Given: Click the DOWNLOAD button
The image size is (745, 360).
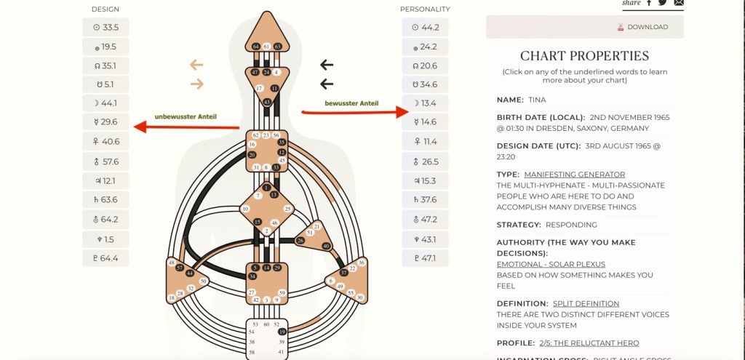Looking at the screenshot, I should (x=642, y=27).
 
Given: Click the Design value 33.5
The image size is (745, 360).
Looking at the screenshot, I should (x=105, y=28).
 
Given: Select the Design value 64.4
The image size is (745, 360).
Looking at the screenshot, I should (x=105, y=257).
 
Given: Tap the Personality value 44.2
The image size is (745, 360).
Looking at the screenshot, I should (x=425, y=28).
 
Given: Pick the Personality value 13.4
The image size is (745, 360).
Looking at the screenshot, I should (x=425, y=103).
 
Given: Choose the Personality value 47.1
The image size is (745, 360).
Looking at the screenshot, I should (x=425, y=257).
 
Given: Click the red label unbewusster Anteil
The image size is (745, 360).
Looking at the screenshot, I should (x=185, y=116).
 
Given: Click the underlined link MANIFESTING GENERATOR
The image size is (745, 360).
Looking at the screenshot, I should (x=574, y=175).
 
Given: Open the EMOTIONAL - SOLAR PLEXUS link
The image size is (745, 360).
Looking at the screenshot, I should (x=551, y=264).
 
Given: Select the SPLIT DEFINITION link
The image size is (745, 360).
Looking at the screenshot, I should (x=586, y=303).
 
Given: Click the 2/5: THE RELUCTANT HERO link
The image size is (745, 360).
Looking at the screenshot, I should (x=589, y=343).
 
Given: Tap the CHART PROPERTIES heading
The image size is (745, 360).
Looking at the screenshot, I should (x=584, y=56).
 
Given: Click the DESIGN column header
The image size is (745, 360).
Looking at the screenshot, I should (x=105, y=9).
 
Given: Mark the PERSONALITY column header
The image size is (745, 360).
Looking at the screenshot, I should (x=425, y=9).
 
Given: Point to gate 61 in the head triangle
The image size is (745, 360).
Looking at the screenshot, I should (x=267, y=47).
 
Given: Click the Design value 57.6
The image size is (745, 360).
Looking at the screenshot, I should (x=105, y=161).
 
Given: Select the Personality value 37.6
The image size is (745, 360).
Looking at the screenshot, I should (x=425, y=200).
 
